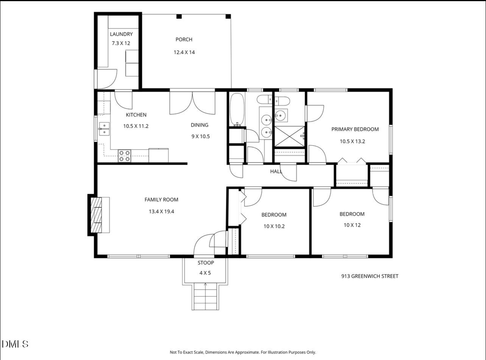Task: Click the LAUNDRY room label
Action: coord(121,34)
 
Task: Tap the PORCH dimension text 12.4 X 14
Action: coord(184,52)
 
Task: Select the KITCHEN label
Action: coord(136,115)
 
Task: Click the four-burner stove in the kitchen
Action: coord(125,156)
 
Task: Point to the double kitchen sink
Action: coord(104,129)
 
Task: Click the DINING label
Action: coord(199,125)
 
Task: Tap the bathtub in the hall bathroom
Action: coord(237,110)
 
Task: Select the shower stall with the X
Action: coord(290,136)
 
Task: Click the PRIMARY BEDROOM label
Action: coord(355,129)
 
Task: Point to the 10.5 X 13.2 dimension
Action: coord(352,141)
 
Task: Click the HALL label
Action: coord(276,171)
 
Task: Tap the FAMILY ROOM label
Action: coord(161,200)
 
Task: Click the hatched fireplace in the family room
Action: coord(96,215)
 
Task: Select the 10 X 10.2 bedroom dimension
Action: coord(274,226)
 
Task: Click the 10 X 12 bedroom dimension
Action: coord(352,225)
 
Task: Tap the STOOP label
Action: coord(206,263)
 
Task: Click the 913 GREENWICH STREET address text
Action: coord(370,276)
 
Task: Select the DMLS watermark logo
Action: coord(15,344)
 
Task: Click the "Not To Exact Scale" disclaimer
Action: coord(243,352)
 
